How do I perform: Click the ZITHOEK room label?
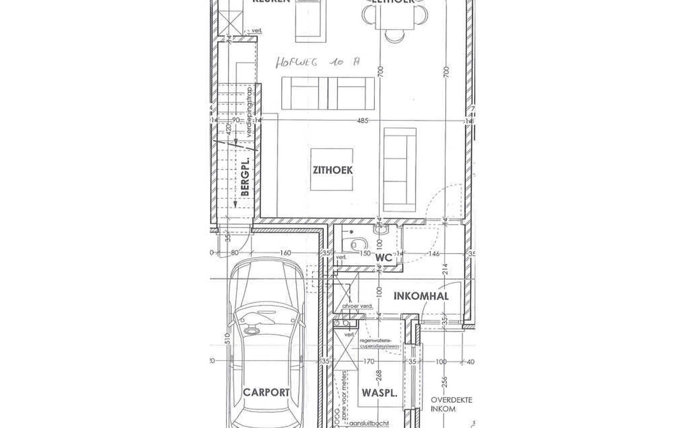click(333, 170)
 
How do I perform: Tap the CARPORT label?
click(266, 392)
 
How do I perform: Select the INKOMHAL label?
click(421, 296)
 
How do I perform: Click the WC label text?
click(384, 258)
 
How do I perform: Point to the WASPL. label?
click(379, 393)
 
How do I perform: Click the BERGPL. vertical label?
click(245, 176)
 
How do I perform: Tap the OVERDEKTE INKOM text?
click(451, 404)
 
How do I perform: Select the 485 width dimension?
click(362, 121)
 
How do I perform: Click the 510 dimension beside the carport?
click(228, 338)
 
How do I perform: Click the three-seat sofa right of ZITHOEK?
click(400, 170)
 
